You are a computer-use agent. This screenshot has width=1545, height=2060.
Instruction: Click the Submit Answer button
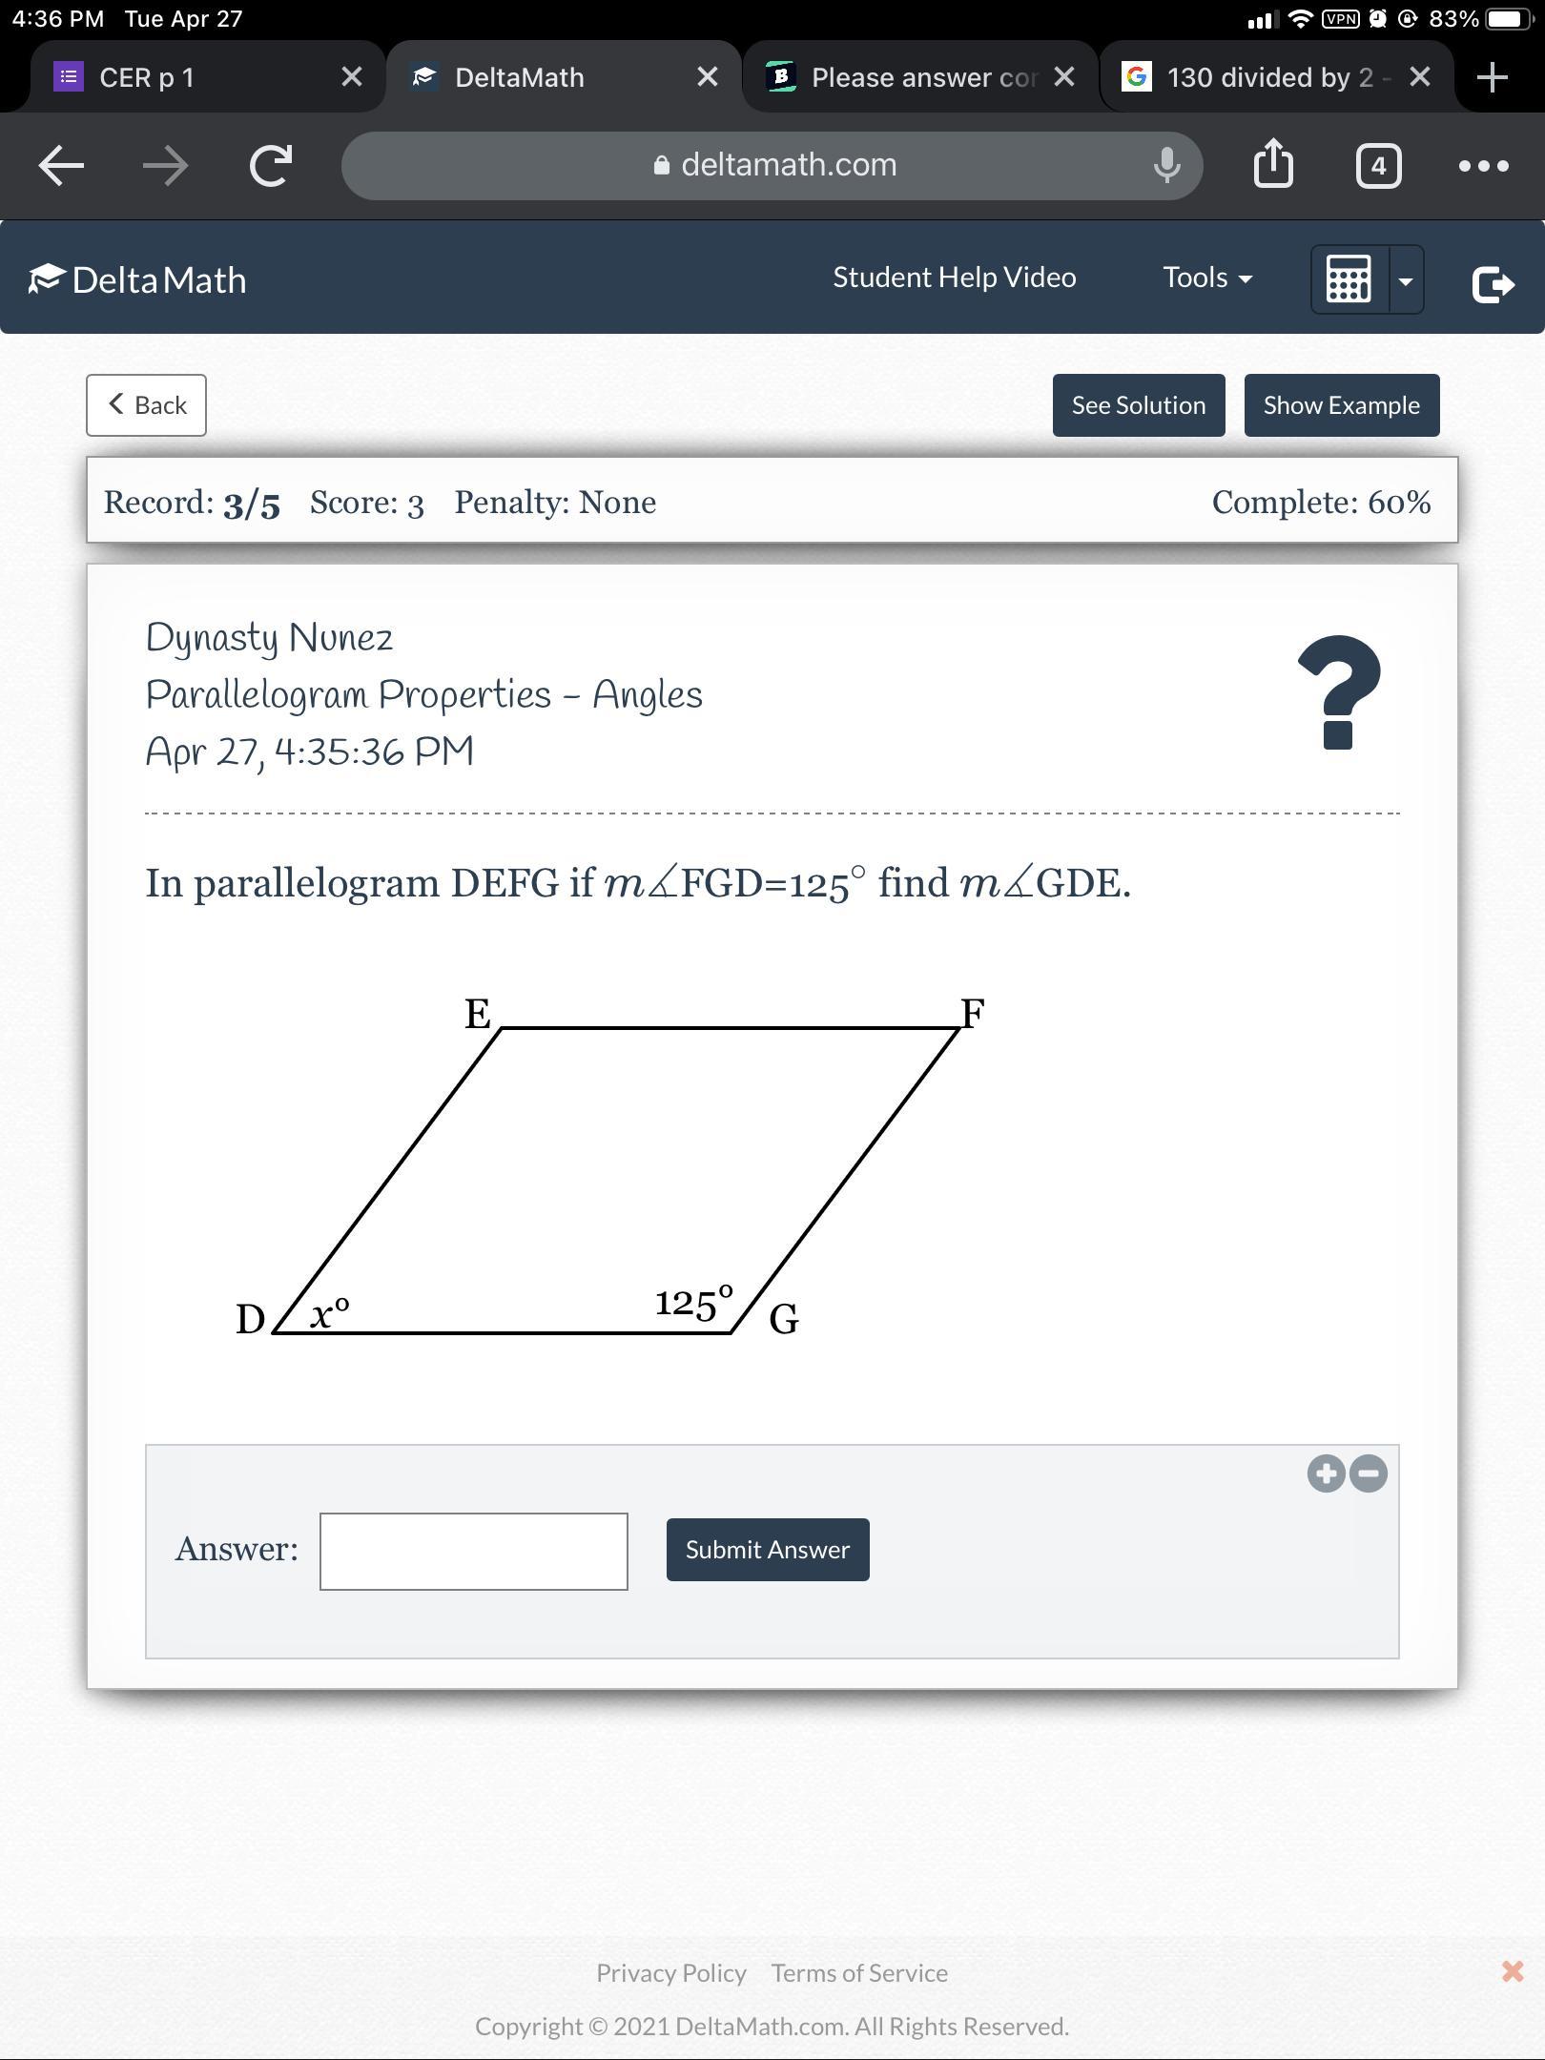[768, 1550]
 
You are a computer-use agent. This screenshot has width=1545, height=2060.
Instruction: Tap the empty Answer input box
[474, 1552]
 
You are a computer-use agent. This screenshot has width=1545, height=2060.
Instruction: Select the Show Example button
[1342, 405]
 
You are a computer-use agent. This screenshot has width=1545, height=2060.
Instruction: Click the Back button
[146, 405]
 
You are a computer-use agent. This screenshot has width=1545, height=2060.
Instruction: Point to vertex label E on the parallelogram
[478, 1013]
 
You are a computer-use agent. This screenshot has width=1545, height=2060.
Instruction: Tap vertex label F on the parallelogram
[973, 1013]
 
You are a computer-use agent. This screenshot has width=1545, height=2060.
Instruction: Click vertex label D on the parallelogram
[251, 1319]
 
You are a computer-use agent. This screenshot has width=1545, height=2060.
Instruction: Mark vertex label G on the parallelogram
[784, 1319]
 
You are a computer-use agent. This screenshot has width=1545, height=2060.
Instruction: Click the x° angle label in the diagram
[330, 1313]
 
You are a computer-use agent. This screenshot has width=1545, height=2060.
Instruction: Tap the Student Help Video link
[955, 278]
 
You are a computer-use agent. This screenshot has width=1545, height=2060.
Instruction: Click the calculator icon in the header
[1349, 279]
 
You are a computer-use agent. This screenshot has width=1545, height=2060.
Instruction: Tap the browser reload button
[271, 166]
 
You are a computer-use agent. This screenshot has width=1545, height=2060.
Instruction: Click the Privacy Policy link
[671, 1972]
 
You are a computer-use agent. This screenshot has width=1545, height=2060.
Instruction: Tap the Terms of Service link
[859, 1972]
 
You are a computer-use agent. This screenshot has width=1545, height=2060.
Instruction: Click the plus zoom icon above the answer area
[1326, 1473]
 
